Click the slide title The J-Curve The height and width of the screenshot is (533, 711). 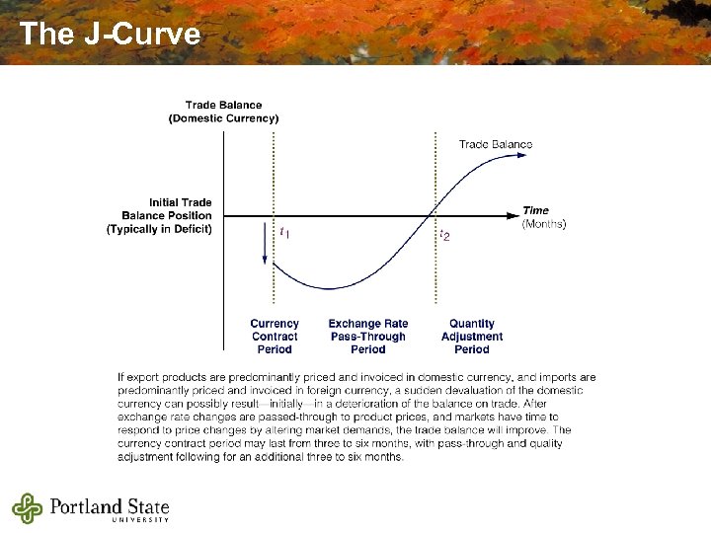[x=110, y=35]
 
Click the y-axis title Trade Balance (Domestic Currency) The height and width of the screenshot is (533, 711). [x=223, y=112]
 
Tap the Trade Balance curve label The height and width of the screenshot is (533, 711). [x=495, y=144]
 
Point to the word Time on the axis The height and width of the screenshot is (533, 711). [x=536, y=210]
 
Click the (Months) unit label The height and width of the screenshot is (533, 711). [x=543, y=224]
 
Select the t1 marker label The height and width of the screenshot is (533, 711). [x=284, y=234]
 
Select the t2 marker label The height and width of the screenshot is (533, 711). [x=445, y=236]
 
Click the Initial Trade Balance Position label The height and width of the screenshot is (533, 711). [x=160, y=215]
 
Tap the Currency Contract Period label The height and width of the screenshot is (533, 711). [x=275, y=337]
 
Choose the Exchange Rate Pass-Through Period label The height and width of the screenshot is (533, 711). [x=367, y=337]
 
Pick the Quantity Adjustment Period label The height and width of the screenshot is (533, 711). [x=472, y=337]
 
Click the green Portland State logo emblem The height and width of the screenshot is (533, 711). [x=28, y=508]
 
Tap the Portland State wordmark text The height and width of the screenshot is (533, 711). [x=110, y=505]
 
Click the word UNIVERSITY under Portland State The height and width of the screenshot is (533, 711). [x=140, y=520]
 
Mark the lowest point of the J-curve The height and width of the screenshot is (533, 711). [x=331, y=288]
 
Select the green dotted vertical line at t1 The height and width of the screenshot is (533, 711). [x=274, y=178]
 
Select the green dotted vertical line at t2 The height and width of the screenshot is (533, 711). [x=434, y=178]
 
